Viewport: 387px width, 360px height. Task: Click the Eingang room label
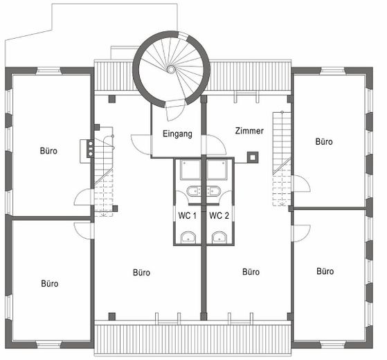coord(177,134)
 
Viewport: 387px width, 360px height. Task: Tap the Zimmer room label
coord(249,131)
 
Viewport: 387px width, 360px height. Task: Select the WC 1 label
coord(188,216)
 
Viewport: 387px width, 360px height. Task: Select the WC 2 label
coord(219,216)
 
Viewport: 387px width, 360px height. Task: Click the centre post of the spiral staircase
coord(171,69)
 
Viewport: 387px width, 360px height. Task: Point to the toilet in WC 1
coord(188,237)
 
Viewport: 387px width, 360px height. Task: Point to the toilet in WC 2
coord(219,237)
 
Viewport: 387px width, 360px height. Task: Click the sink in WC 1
coord(194,191)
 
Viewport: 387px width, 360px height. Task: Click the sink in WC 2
coord(213,191)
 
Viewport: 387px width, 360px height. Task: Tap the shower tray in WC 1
coord(190,170)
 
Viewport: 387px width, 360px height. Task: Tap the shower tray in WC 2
coord(217,170)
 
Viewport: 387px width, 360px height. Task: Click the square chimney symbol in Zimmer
coord(253,158)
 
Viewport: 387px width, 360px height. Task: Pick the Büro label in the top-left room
coord(48,151)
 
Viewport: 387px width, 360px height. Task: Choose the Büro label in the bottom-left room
coord(50,284)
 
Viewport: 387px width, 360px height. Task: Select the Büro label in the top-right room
coord(324,142)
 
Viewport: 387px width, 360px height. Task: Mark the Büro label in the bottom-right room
coord(325,271)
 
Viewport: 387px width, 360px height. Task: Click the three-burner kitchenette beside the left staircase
coord(90,149)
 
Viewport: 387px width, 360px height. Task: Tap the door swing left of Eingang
coord(141,144)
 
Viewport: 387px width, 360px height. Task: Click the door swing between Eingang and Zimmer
coord(214,145)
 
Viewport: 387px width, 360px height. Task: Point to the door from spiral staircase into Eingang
coord(174,110)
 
